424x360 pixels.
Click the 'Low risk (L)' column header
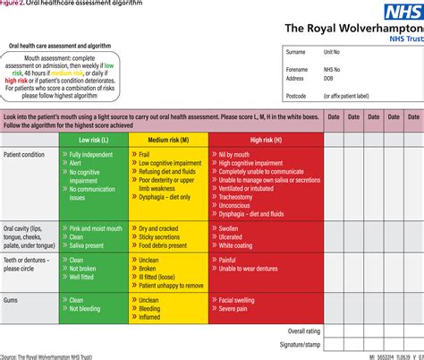pos(96,140)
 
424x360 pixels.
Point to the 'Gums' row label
pos(12,300)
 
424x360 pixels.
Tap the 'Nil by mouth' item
pos(237,155)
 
